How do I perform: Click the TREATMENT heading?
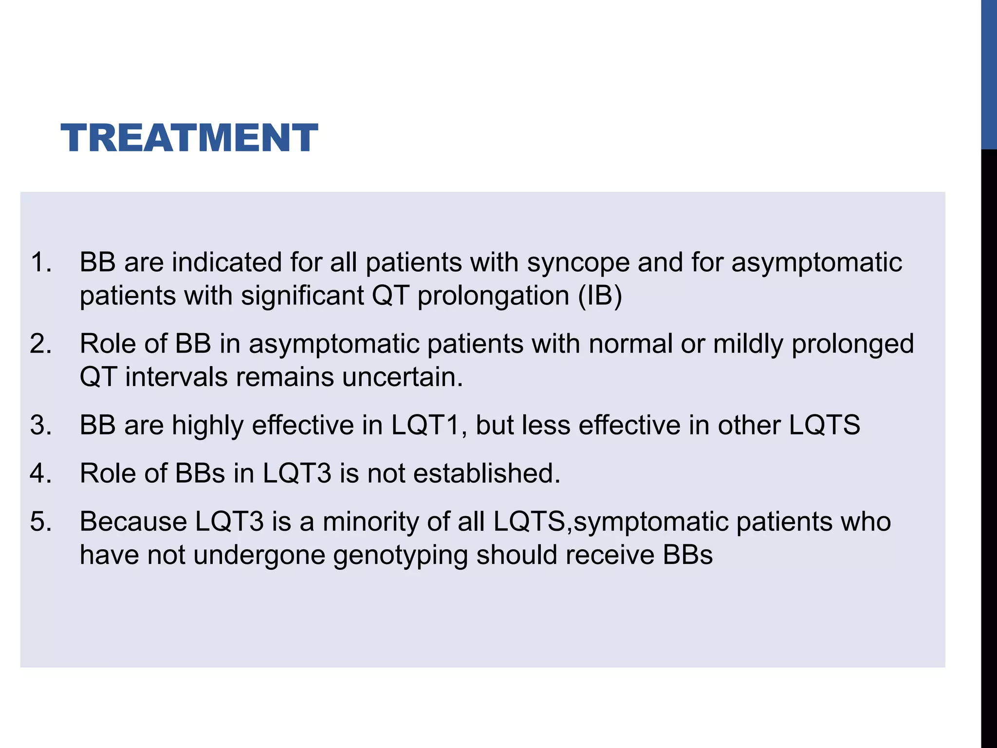coord(189,138)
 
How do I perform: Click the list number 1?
coord(40,262)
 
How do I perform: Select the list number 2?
coord(40,344)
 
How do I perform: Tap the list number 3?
coord(40,425)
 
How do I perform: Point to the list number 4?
coord(40,473)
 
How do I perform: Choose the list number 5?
coord(40,522)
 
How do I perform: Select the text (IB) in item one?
coord(600,296)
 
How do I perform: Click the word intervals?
coord(176,377)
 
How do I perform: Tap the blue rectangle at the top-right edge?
coord(989,74)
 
